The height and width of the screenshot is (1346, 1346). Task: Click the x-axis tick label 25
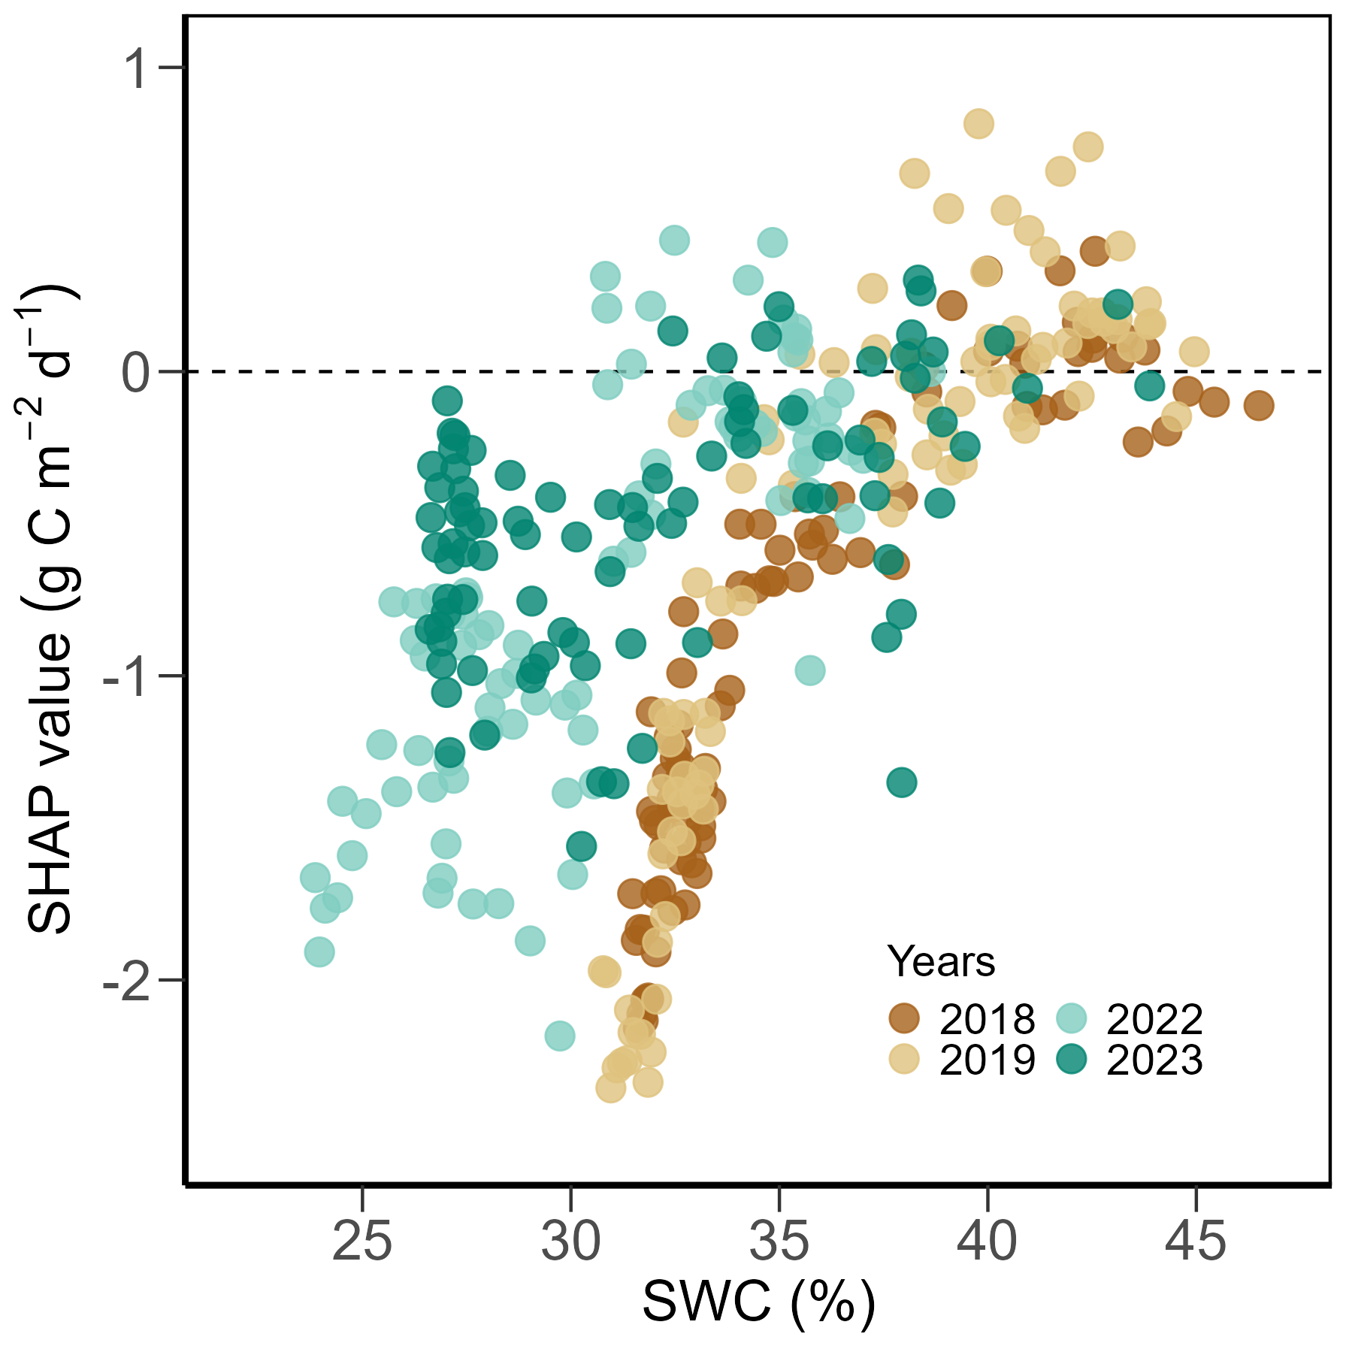[362, 1242]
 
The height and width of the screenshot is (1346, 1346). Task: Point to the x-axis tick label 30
[570, 1242]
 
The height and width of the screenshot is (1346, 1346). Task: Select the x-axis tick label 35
[779, 1242]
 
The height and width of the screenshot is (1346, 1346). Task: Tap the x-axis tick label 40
[987, 1242]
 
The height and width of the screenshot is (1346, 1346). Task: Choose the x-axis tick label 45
[1195, 1242]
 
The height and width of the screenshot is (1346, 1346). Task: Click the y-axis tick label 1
[137, 69]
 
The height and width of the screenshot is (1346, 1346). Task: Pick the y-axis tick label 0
[137, 373]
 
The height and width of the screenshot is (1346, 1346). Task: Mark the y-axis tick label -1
[125, 677]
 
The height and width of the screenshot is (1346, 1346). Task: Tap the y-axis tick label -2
[125, 982]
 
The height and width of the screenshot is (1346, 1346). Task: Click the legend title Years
[941, 961]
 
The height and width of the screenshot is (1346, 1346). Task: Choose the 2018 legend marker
[904, 1018]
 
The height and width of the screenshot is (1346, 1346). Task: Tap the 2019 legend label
[987, 1060]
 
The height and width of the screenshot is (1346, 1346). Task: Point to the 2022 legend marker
[1072, 1018]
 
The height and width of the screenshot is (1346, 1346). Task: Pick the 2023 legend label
[1154, 1060]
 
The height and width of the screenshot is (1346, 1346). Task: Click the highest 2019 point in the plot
[978, 123]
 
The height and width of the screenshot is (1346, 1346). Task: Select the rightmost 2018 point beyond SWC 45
[1258, 406]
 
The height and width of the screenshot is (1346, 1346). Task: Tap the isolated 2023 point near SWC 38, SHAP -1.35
[901, 783]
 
